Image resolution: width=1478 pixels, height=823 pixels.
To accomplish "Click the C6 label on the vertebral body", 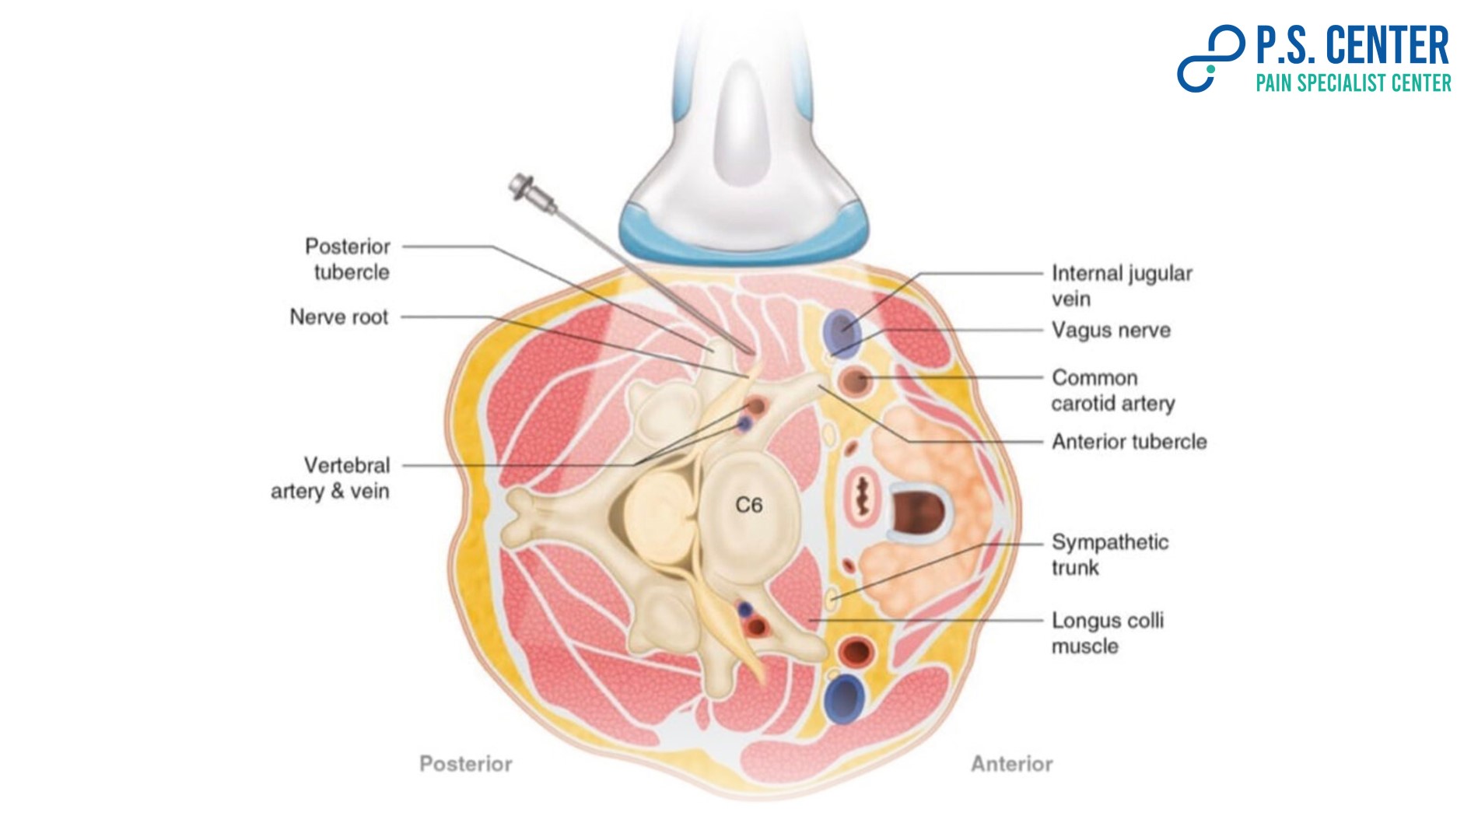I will (x=748, y=506).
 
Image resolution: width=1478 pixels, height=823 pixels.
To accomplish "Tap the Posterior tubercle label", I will (x=348, y=259).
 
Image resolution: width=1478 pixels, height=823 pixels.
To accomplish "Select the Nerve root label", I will (x=338, y=317).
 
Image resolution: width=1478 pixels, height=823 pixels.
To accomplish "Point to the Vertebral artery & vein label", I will (x=331, y=478).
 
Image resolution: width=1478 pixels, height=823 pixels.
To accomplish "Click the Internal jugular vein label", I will (x=1121, y=285).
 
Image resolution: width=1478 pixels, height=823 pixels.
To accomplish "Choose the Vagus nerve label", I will (x=1111, y=331).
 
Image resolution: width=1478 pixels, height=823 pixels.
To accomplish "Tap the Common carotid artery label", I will (x=1112, y=390).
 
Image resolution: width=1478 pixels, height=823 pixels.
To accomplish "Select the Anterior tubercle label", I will (x=1129, y=442).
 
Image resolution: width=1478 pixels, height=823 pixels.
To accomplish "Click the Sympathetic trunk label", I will (x=1109, y=555).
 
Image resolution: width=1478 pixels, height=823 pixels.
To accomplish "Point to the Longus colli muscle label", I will (x=1107, y=633).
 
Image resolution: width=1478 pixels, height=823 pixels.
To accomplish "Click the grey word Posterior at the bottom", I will (x=466, y=764).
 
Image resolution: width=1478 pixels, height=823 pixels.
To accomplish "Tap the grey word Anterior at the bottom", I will (x=1011, y=764).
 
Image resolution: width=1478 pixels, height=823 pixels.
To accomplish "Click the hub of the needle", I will (x=523, y=187).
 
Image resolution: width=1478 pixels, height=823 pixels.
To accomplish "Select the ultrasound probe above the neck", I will (x=744, y=156).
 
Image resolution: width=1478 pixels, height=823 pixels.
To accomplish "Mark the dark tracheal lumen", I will (x=917, y=513).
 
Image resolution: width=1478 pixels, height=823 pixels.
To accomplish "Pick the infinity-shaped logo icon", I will (x=1210, y=58).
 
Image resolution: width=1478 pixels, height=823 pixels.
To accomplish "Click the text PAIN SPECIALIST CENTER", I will (x=1353, y=83).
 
